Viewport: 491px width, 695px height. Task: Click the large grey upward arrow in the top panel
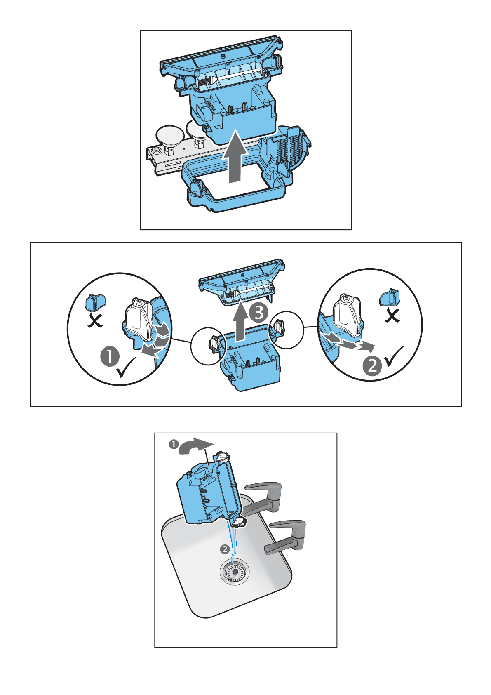click(235, 158)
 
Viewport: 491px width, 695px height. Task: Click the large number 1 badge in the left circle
click(110, 357)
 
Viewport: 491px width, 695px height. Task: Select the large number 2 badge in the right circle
click(373, 366)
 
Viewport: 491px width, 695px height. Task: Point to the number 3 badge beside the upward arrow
click(258, 313)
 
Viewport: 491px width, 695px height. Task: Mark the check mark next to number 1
click(126, 367)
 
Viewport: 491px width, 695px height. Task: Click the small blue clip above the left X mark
click(96, 302)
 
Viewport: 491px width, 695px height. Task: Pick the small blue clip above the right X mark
click(390, 297)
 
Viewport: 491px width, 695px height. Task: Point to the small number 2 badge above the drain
click(225, 549)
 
